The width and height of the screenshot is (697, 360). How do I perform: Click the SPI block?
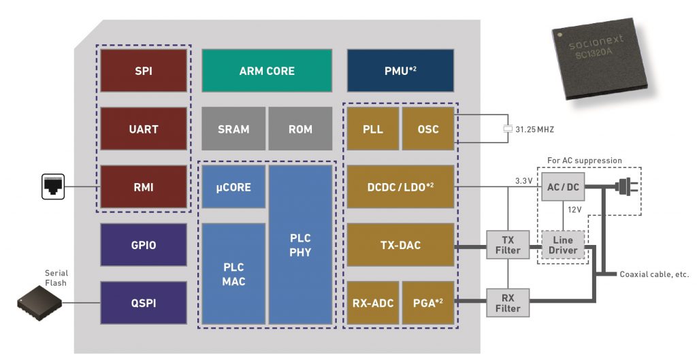tap(144, 70)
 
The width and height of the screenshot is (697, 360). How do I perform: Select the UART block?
tap(144, 129)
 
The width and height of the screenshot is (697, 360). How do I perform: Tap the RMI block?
tap(144, 186)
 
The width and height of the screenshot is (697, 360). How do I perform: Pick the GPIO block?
tap(144, 245)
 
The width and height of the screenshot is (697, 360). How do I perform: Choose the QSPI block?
tap(144, 303)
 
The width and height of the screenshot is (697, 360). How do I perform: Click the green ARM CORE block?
tap(267, 70)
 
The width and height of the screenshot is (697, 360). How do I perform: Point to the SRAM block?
tap(233, 129)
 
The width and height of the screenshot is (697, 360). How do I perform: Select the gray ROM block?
tap(300, 129)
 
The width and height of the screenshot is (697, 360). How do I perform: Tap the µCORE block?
tap(233, 186)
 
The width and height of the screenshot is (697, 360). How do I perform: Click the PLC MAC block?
tap(233, 274)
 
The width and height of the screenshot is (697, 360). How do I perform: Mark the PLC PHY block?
tap(300, 244)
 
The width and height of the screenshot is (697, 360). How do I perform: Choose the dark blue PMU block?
tap(400, 70)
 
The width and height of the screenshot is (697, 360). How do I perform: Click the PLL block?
tap(373, 129)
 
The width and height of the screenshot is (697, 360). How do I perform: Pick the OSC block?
tap(428, 129)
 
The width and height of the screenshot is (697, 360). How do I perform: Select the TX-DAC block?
tap(400, 245)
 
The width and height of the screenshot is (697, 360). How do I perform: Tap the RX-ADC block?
tap(373, 303)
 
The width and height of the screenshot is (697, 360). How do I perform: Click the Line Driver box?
tap(562, 245)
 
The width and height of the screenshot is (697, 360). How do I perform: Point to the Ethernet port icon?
tap(52, 186)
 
